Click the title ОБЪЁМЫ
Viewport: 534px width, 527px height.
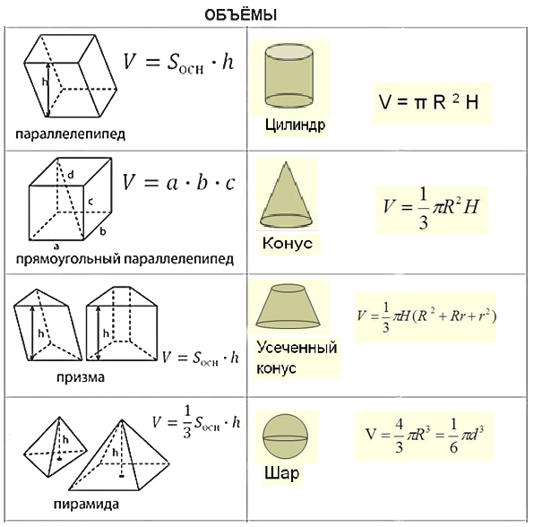tap(240, 15)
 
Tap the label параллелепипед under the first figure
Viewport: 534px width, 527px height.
tap(71, 134)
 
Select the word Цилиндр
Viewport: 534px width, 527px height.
tap(296, 125)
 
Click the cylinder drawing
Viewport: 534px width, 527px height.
tap(289, 75)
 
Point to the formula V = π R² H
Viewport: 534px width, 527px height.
tap(429, 101)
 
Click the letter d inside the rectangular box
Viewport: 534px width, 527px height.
tap(71, 175)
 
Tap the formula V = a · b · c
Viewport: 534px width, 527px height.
tap(179, 182)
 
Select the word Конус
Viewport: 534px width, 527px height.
tap(287, 243)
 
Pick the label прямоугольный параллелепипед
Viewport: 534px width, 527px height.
tap(125, 259)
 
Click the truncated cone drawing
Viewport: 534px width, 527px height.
tap(288, 306)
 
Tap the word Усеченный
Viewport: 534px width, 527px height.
tap(297, 348)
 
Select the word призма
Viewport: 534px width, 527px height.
tap(81, 377)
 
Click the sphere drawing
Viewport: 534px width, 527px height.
tap(286, 437)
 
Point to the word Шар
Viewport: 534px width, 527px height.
tap(281, 473)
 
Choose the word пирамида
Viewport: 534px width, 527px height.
tap(86, 504)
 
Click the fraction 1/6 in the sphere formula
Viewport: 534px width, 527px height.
tap(453, 436)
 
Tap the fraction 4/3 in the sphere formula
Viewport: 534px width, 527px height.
tap(399, 436)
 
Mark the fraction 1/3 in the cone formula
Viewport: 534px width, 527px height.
tap(423, 209)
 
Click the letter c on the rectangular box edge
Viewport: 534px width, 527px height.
tap(90, 202)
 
